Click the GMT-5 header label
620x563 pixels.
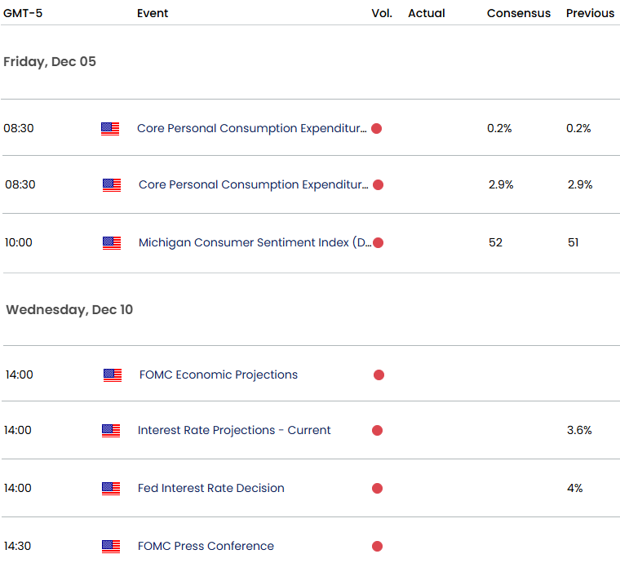[23, 13]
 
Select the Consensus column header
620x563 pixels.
[519, 13]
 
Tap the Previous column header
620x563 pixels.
[591, 13]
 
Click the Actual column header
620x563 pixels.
[427, 13]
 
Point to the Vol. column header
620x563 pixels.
[382, 13]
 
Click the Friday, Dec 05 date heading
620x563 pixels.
[50, 61]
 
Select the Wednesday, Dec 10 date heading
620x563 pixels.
[69, 309]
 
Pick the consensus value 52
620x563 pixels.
[496, 242]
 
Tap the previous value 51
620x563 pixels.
[573, 242]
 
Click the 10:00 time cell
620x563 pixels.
[19, 242]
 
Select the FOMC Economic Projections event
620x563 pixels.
[219, 375]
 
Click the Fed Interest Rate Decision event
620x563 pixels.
[211, 488]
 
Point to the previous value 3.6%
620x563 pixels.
[579, 430]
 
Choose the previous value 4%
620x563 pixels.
[575, 488]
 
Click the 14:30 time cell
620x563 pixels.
[19, 546]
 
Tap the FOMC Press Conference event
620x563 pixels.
[206, 546]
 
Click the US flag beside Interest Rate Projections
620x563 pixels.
[111, 430]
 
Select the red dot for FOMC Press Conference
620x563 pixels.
[377, 546]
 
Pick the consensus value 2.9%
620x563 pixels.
[501, 184]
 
